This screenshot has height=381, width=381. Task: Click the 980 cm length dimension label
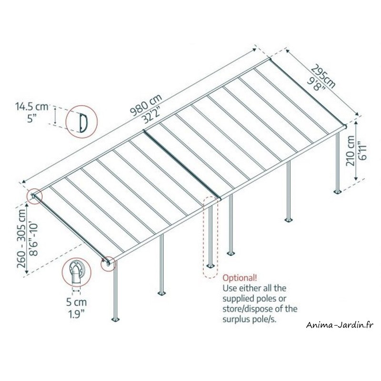146,105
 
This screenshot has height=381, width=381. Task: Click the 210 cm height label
350,151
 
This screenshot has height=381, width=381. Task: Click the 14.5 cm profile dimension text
32,106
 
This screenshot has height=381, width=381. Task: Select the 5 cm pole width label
77,302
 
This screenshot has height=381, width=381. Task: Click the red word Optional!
240,278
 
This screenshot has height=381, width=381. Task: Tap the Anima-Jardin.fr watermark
340,325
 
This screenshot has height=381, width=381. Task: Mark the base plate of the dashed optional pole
211,266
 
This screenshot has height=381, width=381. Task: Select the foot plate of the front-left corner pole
116,319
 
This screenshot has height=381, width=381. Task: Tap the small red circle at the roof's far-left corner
34,196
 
